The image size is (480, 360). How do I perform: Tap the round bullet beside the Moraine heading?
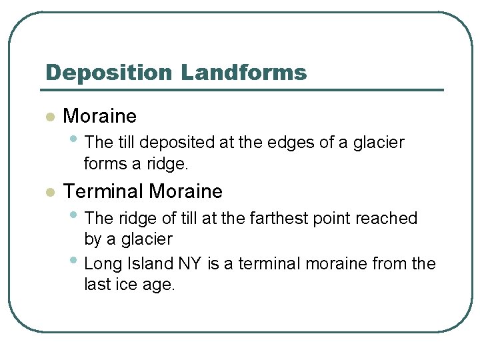(x=49, y=117)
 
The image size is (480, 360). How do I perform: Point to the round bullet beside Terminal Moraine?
(x=49, y=193)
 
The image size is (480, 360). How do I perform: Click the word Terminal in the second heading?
(x=103, y=192)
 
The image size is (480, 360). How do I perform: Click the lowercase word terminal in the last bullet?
(x=267, y=264)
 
